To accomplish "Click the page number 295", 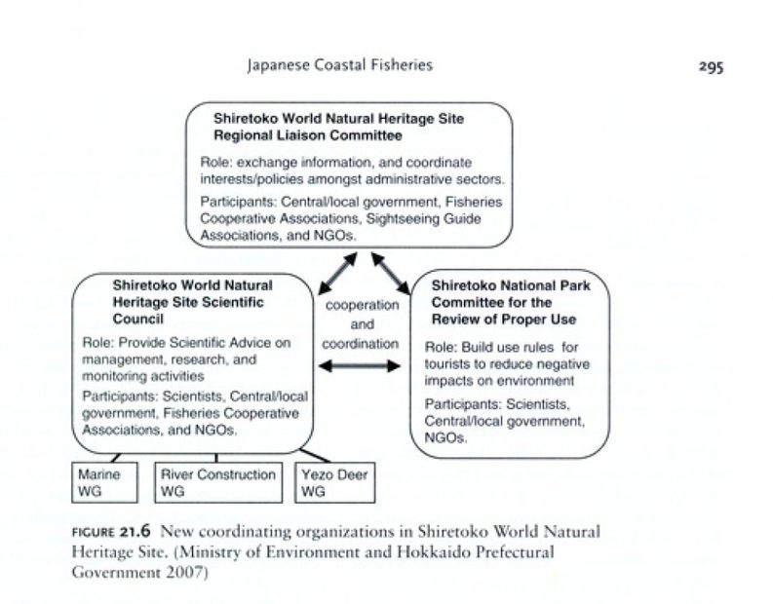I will coord(708,66).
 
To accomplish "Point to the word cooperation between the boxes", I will coord(362,305).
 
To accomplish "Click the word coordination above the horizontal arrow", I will coord(361,343).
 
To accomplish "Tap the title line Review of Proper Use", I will coord(503,319).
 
